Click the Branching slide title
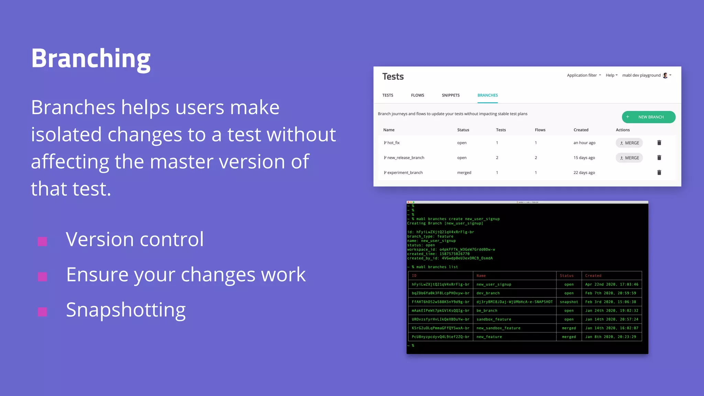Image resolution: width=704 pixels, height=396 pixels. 91,59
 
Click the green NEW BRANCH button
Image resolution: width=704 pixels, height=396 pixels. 648,117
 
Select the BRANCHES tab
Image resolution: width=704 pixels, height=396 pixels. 487,95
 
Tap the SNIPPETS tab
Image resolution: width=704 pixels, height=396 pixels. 450,95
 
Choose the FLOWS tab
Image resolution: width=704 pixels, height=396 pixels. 417,95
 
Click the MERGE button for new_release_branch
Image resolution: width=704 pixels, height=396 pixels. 629,158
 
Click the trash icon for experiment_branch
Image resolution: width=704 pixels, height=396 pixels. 659,173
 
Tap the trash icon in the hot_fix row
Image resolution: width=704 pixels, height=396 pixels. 659,143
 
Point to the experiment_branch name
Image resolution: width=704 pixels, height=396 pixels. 405,173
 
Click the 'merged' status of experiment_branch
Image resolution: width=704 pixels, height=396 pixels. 464,173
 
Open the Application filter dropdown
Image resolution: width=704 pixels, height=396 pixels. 584,75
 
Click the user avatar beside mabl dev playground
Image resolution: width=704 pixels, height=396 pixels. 665,75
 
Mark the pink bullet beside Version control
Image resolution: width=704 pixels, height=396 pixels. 42,242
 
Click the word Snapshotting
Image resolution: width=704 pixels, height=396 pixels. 126,310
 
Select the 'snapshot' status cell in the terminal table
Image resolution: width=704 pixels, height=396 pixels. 569,302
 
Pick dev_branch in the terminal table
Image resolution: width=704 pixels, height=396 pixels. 488,293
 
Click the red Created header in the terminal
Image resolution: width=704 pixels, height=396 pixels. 593,276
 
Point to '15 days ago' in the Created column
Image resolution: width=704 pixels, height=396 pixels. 584,158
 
